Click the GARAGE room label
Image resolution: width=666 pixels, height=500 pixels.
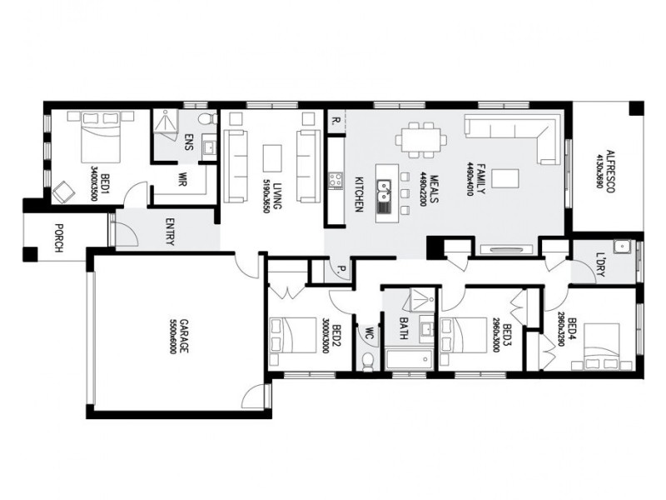172,336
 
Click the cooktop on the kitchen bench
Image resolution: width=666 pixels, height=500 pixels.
336,180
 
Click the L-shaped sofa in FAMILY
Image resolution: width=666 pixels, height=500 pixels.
516,133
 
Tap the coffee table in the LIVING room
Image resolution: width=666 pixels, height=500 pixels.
273,157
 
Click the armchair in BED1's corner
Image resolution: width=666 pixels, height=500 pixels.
63,192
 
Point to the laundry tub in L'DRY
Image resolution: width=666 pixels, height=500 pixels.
622,247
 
